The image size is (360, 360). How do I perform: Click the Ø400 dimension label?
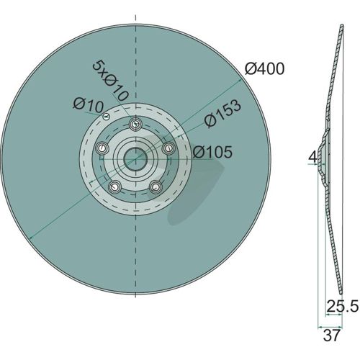(x=264, y=69)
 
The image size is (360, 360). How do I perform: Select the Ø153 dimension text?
(x=222, y=113)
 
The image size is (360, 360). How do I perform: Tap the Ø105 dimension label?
(x=212, y=152)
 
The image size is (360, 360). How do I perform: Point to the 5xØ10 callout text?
(x=110, y=81)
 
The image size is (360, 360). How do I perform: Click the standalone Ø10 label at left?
(x=88, y=106)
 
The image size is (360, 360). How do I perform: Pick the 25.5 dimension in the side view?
(x=343, y=306)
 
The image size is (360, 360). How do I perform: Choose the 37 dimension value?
(x=331, y=336)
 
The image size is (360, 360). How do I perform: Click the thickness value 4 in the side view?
(x=312, y=158)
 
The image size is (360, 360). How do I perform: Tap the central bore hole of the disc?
(x=135, y=158)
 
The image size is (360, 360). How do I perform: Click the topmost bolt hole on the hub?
(x=136, y=125)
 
